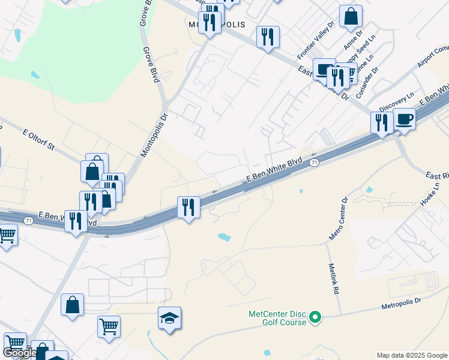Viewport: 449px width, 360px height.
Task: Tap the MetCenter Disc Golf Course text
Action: (277, 317)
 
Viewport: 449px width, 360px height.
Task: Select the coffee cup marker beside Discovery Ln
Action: (404, 118)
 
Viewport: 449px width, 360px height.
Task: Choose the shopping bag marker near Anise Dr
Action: (351, 16)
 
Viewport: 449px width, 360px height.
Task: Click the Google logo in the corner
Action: (20, 353)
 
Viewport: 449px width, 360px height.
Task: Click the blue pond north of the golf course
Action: (224, 237)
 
